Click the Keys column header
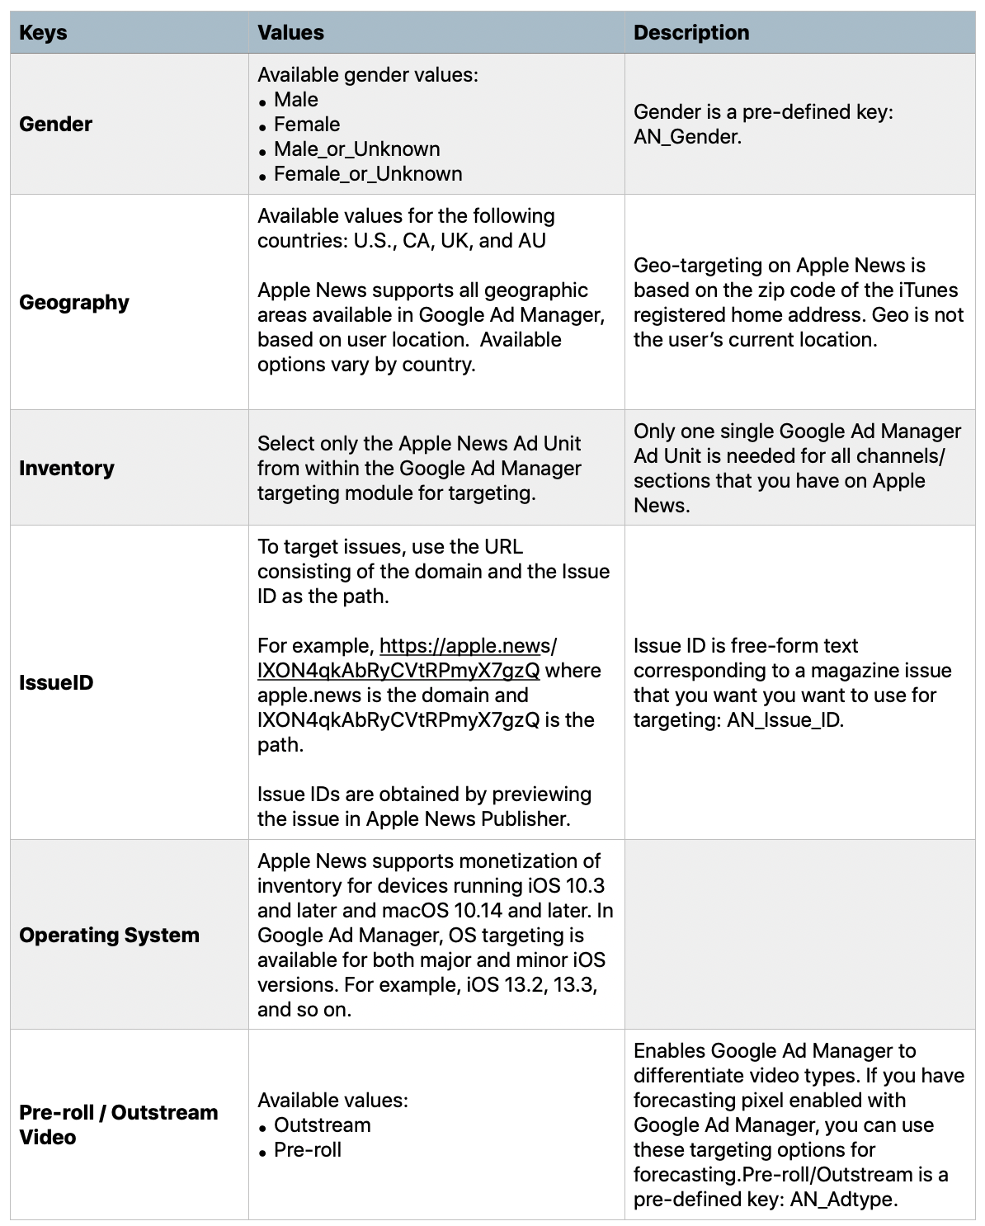coord(43,33)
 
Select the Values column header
coord(290,33)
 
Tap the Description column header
coord(691,33)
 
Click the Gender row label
coord(56,125)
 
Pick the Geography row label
coord(74,303)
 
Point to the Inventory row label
coord(67,469)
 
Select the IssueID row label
coord(56,683)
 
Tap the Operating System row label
coord(109,936)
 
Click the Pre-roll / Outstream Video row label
coord(118,1125)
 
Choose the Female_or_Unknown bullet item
coord(368,174)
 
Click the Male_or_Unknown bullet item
coord(356,149)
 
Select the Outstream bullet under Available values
coord(322,1125)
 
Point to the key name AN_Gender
coord(687,137)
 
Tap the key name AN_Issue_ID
coord(784,720)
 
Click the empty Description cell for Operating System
coord(799,935)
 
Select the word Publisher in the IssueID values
coord(535,819)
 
